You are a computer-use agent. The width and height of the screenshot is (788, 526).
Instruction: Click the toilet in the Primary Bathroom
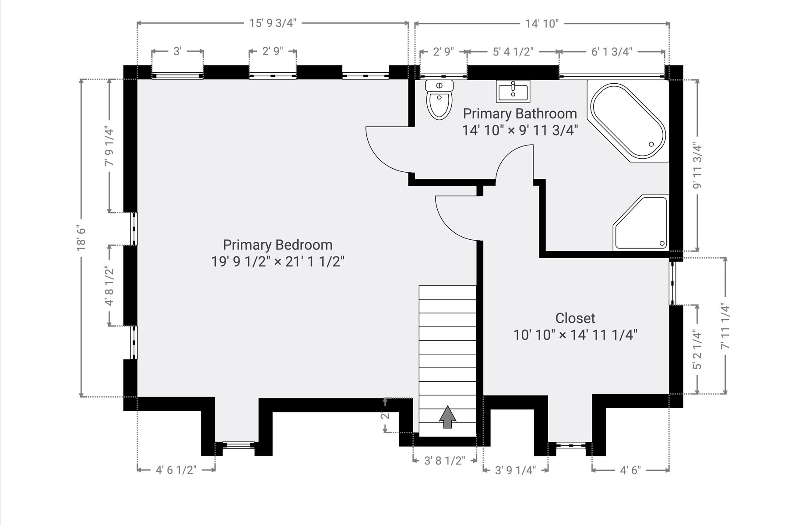440,100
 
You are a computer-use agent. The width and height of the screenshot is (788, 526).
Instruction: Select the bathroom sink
513,91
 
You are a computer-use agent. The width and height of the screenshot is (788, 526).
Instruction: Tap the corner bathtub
628,121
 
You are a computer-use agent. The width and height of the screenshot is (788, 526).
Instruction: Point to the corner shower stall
641,223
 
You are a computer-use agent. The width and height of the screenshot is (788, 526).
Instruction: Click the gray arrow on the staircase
447,417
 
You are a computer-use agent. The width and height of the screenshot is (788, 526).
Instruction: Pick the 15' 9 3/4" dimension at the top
273,23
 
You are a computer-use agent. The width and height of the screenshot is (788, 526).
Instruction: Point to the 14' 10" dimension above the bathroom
542,23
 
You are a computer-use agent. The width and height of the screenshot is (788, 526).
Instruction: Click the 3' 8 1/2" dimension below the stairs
445,461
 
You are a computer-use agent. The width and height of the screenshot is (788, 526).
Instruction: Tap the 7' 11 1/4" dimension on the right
725,326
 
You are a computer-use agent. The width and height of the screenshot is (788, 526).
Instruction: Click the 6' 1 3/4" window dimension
612,52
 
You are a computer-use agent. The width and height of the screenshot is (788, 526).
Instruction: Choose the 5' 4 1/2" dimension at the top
513,52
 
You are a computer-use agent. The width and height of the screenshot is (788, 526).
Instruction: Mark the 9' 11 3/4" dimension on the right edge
697,166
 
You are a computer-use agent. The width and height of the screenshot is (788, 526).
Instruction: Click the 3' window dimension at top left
177,52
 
